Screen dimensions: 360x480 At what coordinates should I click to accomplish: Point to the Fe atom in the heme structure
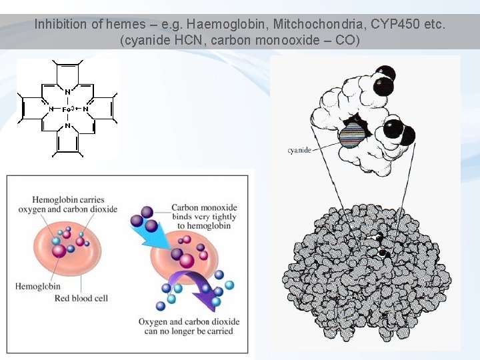pos(67,109)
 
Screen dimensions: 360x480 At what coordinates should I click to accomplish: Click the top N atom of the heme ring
pos(67,91)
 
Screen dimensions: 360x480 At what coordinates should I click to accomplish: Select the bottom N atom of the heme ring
pos(67,126)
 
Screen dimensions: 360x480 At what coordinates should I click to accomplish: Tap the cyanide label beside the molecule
pos(299,150)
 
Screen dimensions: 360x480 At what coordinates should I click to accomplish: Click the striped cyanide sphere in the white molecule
pos(353,135)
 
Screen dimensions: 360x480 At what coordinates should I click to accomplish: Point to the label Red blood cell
pos(81,298)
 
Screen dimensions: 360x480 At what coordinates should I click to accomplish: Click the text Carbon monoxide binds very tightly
pos(204,217)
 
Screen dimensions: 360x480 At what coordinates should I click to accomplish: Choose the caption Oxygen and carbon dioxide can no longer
pos(186,326)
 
